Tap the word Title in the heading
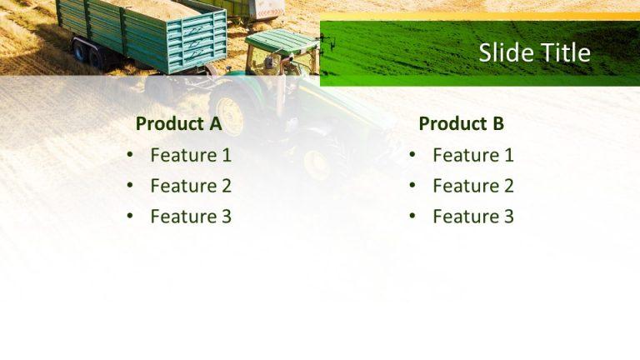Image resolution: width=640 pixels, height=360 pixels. pos(564,53)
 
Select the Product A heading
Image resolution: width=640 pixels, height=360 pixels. pos(178,124)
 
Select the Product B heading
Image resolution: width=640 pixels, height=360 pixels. pos(461,124)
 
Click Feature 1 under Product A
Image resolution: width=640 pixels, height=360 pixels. pos(191,155)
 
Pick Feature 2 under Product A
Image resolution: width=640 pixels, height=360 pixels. pos(191,186)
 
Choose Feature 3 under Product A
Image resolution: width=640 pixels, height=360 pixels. pos(191,217)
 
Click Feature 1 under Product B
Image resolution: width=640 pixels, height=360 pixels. pos(473,155)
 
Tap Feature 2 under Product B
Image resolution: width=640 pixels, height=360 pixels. pos(473,186)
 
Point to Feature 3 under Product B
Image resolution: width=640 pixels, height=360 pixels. pos(473,217)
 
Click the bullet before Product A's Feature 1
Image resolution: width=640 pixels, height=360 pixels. pos(129,155)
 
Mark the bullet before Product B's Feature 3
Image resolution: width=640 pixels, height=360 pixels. pos(412,217)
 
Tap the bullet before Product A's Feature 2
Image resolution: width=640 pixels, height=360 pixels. pos(129,186)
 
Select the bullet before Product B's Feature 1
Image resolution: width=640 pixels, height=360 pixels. pos(412,155)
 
